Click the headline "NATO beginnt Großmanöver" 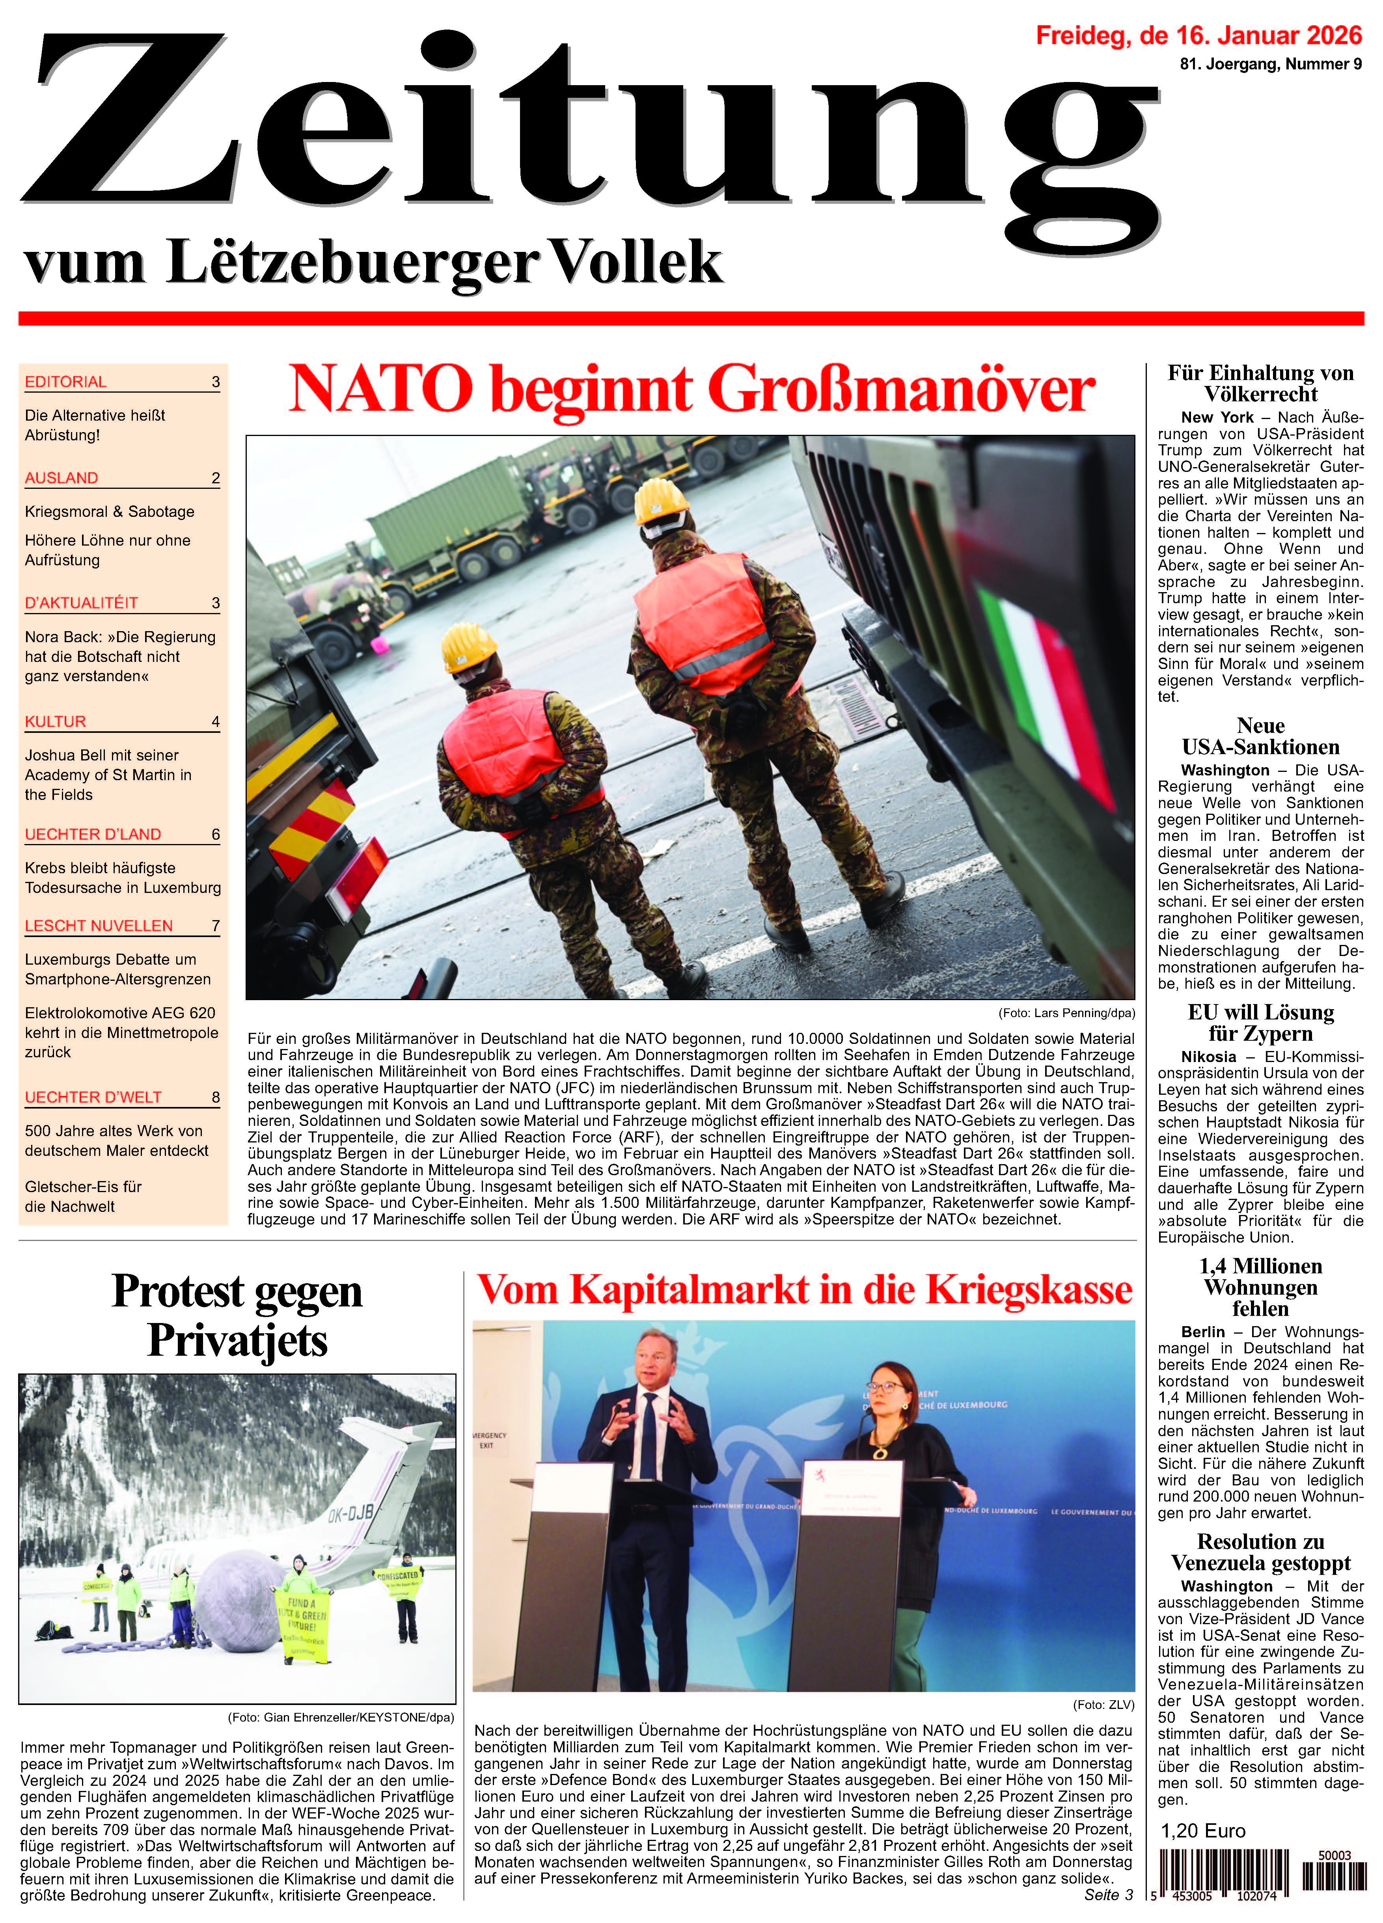691,389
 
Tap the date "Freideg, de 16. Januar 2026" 1198,35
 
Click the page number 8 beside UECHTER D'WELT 215,1097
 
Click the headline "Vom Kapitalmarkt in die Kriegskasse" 804,1289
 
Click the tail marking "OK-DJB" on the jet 350,1511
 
